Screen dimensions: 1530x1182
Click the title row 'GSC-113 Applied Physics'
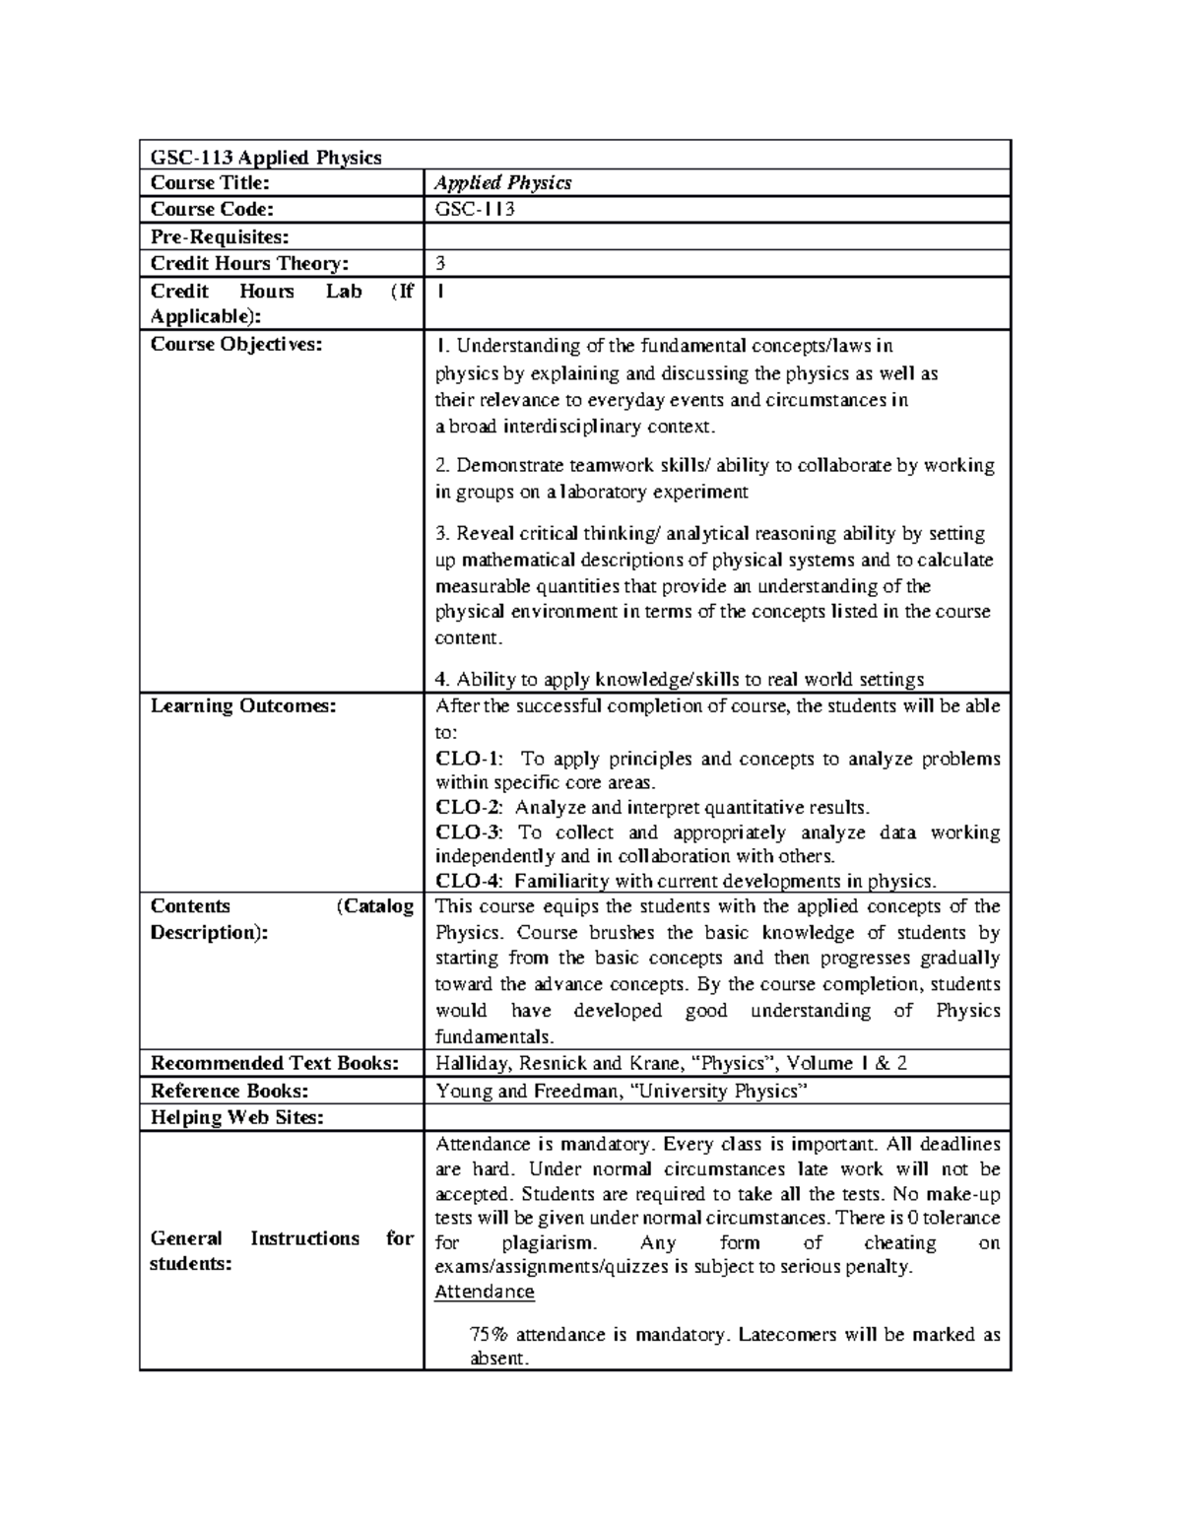[265, 158]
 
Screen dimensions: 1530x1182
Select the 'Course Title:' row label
[209, 183]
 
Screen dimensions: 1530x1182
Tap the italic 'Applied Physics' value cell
[503, 183]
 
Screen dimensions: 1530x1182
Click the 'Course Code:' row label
[211, 210]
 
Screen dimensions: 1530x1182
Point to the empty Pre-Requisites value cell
[716, 236]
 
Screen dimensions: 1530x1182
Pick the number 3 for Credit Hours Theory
[440, 264]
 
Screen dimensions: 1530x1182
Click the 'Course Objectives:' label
[235, 345]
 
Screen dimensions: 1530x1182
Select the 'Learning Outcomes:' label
[242, 706]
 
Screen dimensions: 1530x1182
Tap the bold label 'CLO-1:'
[469, 760]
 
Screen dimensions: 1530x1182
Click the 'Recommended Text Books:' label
[274, 1064]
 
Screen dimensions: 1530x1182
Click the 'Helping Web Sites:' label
[236, 1118]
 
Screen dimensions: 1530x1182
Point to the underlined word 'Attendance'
[484, 1293]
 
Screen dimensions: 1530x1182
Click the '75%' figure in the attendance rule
[489, 1336]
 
